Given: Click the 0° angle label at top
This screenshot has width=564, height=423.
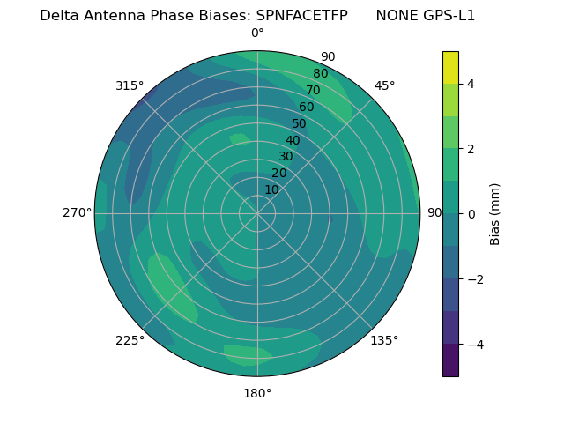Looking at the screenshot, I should pos(257,33).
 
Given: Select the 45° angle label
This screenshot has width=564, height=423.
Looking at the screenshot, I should pos(384,85).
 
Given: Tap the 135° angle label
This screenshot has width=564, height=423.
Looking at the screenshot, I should pos(384,340).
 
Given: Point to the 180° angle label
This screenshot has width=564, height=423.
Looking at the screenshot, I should pos(257,393).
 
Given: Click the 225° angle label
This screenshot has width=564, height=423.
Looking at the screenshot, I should pos(130,340).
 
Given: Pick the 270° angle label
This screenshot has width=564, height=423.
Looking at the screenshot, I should pos(77,213).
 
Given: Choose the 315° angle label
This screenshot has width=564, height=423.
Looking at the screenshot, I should pos(130,85).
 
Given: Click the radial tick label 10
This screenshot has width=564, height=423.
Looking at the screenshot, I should pos(271,189).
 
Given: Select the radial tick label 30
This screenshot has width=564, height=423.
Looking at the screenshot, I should pos(286,157).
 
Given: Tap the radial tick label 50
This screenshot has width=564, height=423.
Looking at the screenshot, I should pos(299,123).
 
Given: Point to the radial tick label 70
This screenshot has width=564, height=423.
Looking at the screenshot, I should pos(313,90).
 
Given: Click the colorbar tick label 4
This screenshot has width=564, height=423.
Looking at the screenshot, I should pos(471,84).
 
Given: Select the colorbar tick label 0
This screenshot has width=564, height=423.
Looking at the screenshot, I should pos(471,214).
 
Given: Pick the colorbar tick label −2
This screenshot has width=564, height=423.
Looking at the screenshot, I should pos(474,279).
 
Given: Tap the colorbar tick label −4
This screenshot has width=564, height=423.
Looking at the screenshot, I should pos(474,345).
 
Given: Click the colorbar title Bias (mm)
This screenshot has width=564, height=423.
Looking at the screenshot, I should pos(495,213).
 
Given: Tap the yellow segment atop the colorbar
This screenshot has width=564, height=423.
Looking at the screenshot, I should pos(450,67).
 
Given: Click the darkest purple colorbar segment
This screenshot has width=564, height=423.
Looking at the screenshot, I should pos(450,360).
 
